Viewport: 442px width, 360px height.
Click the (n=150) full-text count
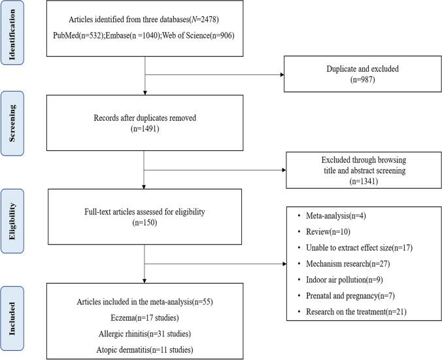coord(144,222)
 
